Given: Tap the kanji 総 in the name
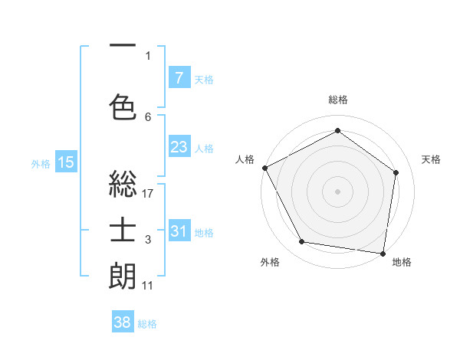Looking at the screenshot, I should point(123,185).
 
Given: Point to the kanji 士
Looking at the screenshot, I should point(123,231).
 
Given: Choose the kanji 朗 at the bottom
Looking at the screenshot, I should point(123,277).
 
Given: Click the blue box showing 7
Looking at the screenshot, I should point(179,78).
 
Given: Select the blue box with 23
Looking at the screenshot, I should point(179,147).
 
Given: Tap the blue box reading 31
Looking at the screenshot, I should point(179,231).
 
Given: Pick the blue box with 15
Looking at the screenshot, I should point(65,162).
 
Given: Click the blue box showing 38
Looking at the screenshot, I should point(122,322).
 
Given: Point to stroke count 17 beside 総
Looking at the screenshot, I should point(148,194).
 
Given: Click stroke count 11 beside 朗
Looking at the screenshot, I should point(148,286).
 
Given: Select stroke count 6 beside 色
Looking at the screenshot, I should point(148,116).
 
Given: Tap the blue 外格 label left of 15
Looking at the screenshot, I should point(41,163).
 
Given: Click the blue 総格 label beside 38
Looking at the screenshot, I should point(147,324).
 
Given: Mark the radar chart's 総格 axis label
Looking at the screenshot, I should point(337,100).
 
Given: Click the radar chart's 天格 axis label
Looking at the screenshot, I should point(432,159).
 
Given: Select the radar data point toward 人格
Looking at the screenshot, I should point(264,168).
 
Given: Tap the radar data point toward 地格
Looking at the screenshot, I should point(383,253).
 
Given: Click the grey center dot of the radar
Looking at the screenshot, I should point(337,191).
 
